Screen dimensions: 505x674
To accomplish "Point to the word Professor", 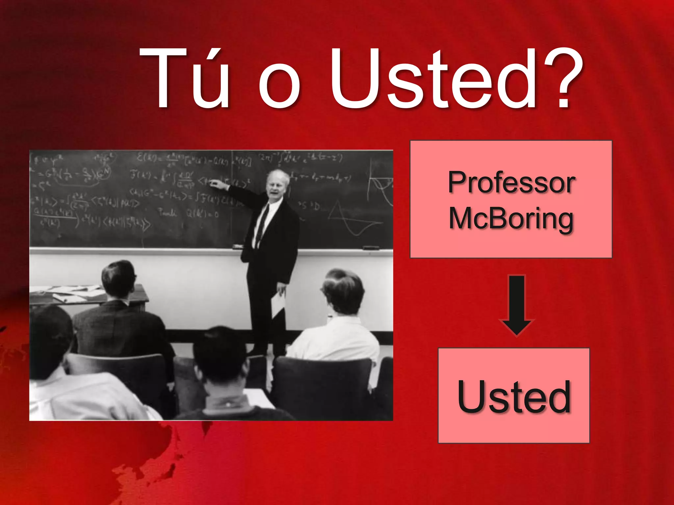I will click(x=511, y=182).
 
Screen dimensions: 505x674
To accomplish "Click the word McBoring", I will click(x=511, y=219).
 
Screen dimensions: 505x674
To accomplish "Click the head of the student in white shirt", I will click(x=344, y=289).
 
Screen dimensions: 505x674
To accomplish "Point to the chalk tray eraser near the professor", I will click(x=238, y=246).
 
